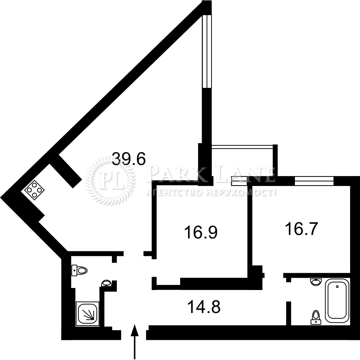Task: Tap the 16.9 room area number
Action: coord(201,232)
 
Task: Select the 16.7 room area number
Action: coord(301,229)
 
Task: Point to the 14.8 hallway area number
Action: coord(204,307)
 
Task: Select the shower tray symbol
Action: coord(87,314)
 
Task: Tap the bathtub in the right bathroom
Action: coord(337,301)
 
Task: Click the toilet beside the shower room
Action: coord(80,270)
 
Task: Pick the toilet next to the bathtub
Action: coord(316,317)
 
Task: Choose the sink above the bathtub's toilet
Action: coord(316,282)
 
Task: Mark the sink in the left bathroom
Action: coord(106,283)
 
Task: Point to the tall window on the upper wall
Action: coord(207,51)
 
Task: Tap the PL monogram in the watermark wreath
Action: coord(110,180)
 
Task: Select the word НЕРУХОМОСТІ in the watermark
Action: coord(240,193)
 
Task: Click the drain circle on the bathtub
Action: coord(337,287)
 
